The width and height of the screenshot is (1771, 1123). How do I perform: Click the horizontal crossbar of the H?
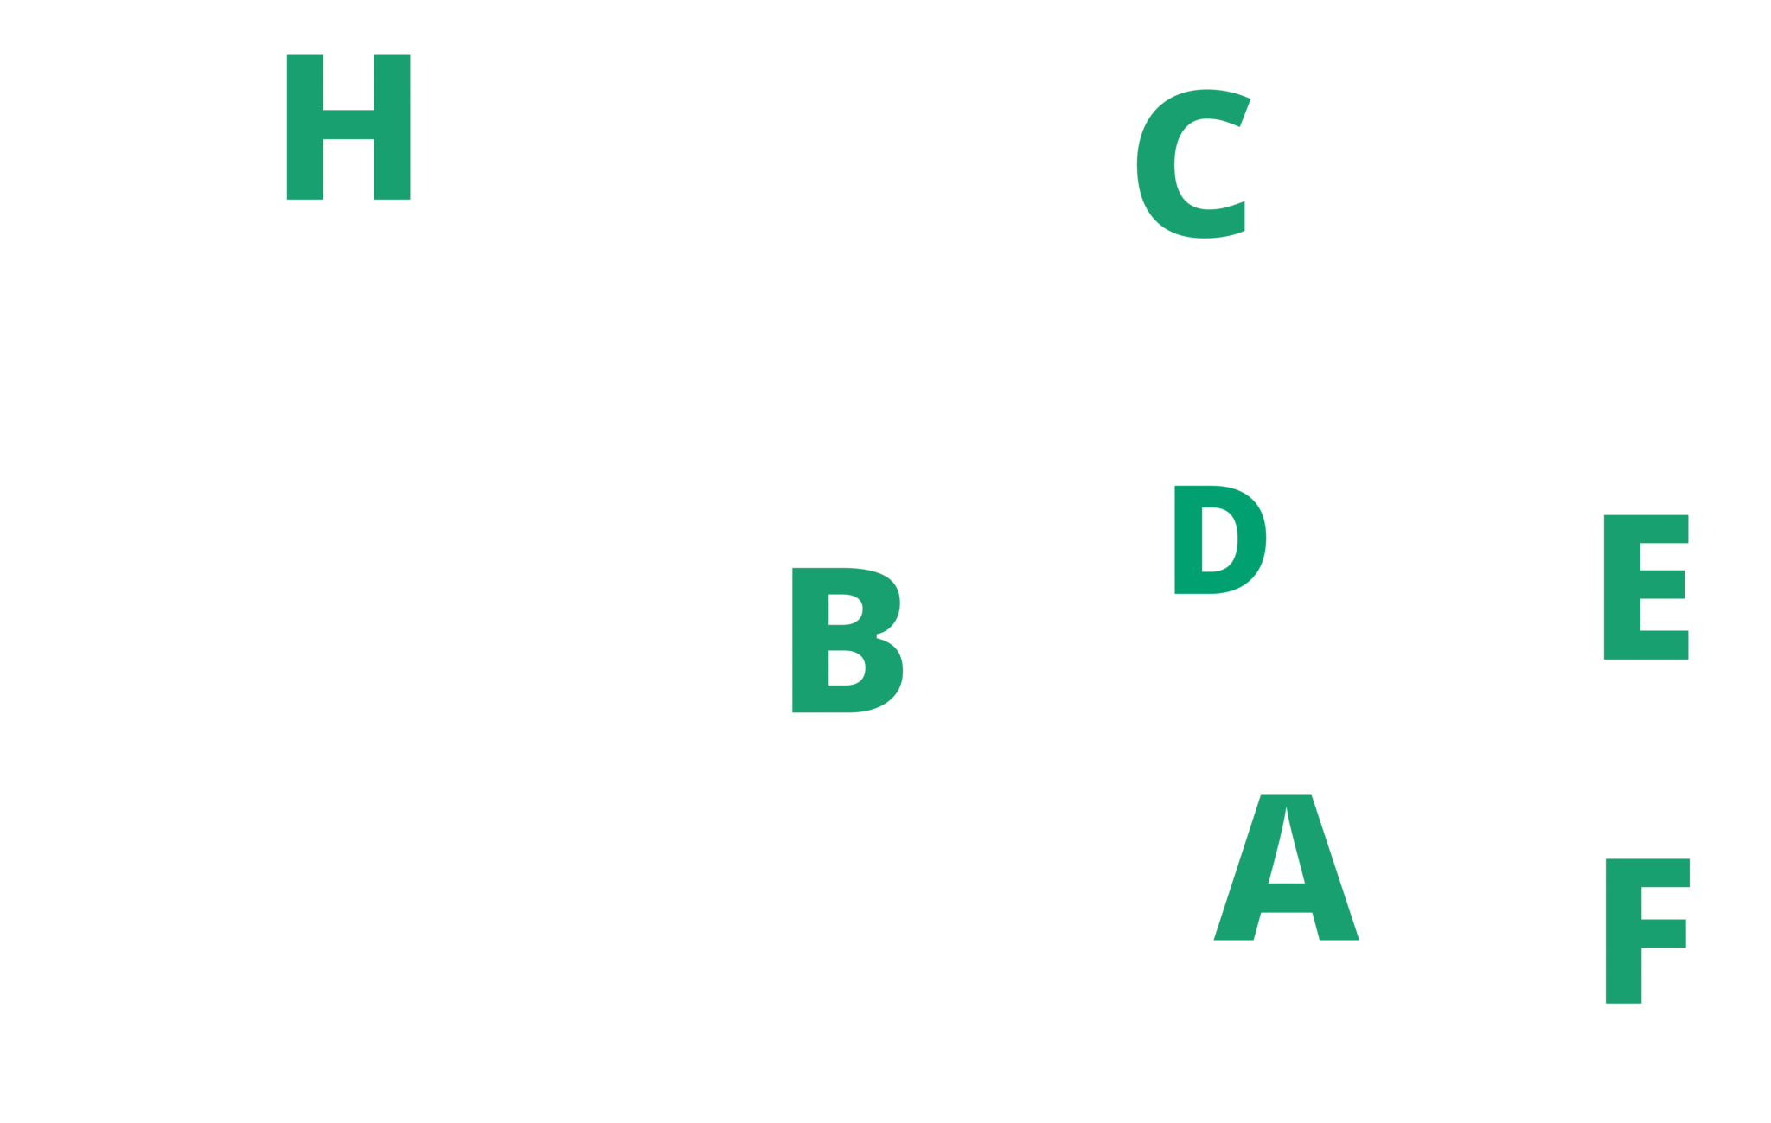click(x=348, y=124)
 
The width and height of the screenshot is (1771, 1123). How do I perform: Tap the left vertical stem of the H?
click(x=304, y=127)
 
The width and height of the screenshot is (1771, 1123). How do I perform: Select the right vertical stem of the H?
click(x=392, y=127)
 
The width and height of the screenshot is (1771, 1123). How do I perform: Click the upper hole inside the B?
click(x=844, y=609)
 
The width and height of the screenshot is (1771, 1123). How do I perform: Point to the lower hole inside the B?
click(x=845, y=667)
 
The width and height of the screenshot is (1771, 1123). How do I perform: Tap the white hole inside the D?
click(x=1218, y=539)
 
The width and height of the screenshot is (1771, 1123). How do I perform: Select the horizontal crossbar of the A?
click(x=1286, y=898)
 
